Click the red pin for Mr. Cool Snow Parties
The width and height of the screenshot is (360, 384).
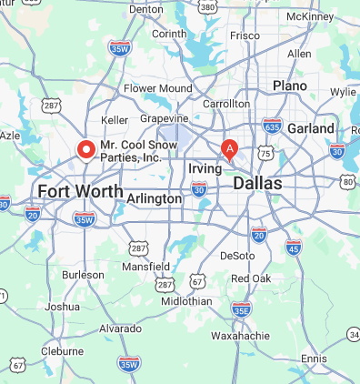pyautogui.click(x=87, y=149)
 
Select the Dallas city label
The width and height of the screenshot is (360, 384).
pyautogui.click(x=257, y=184)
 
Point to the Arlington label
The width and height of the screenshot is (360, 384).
pyautogui.click(x=155, y=198)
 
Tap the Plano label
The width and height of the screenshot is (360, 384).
pyautogui.click(x=291, y=86)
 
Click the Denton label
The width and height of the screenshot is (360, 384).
pyautogui.click(x=145, y=9)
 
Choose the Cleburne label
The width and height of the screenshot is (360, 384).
pyautogui.click(x=63, y=350)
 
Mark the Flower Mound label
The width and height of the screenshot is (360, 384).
pyautogui.click(x=158, y=88)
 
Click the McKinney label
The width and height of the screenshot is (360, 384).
pyautogui.click(x=310, y=16)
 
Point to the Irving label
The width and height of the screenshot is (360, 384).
pyautogui.click(x=205, y=169)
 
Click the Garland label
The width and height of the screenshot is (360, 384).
pyautogui.click(x=311, y=129)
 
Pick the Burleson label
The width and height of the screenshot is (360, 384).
pyautogui.click(x=83, y=274)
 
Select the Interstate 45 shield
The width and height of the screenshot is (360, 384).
pyautogui.click(x=294, y=247)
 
